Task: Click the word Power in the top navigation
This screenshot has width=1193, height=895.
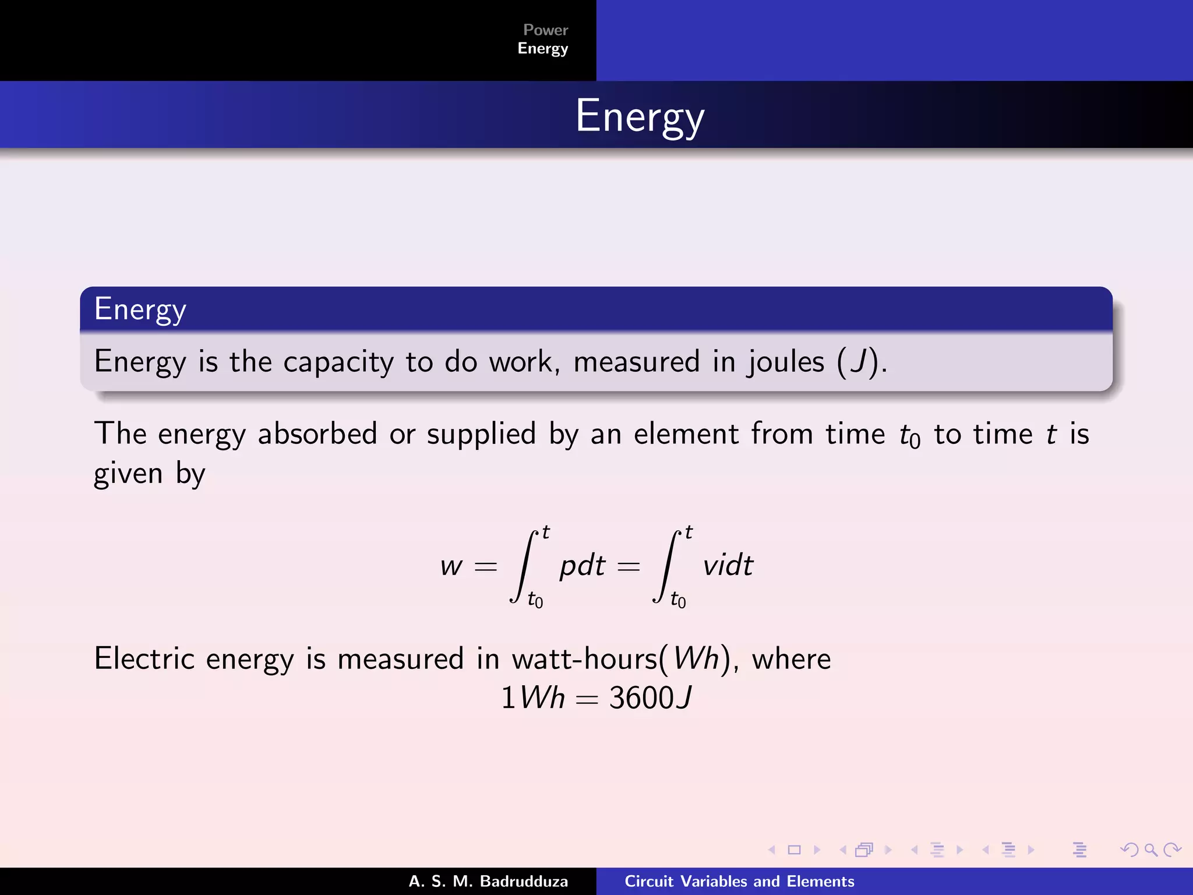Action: (x=545, y=30)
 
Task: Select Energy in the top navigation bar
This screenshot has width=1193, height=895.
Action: (x=542, y=48)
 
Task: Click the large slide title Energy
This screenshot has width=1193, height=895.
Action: (x=640, y=117)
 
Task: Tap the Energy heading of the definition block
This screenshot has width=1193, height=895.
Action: (x=140, y=309)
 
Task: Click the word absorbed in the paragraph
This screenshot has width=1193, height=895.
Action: (x=317, y=434)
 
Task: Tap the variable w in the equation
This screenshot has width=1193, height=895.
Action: (x=451, y=566)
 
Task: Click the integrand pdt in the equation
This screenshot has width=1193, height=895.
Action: (x=583, y=566)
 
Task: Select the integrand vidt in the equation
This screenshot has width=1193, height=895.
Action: (x=728, y=565)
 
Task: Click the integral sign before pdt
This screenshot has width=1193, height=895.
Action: (x=523, y=566)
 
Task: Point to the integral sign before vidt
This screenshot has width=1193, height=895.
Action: (x=666, y=566)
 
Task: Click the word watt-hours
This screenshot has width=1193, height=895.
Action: (x=584, y=659)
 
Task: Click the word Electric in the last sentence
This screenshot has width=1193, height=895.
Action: (x=144, y=659)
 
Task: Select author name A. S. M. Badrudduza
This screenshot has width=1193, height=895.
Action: (x=488, y=882)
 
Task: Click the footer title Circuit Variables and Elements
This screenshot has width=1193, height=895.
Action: (x=739, y=882)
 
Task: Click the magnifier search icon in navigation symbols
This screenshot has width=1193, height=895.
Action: (x=1150, y=850)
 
